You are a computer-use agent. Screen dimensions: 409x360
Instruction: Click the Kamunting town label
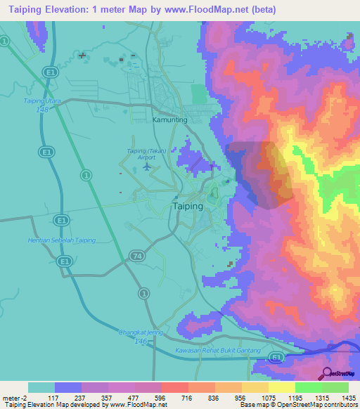169,120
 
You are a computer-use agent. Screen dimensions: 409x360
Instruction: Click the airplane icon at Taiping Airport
146,167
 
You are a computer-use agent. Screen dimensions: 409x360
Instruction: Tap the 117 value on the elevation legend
54,398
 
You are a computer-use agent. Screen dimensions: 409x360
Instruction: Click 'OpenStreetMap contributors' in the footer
322,405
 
